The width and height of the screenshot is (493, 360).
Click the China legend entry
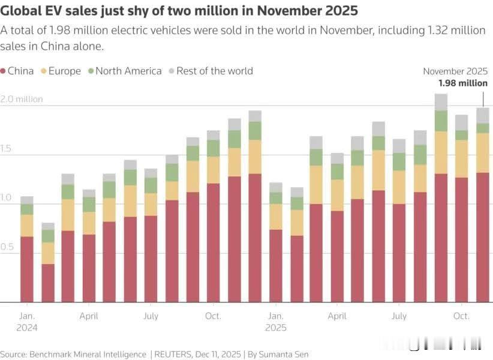20,71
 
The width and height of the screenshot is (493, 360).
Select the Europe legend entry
64,71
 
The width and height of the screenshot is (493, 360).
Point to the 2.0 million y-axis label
22,99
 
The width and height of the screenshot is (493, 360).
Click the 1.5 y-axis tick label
7,148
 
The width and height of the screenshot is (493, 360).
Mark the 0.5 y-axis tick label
7,247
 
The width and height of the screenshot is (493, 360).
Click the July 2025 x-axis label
398,316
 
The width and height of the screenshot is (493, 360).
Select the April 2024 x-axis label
89,316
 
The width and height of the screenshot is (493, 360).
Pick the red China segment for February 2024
47,283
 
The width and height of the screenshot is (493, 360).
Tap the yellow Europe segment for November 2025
482,152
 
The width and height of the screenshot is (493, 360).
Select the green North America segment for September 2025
441,121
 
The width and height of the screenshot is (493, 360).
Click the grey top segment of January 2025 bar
275,187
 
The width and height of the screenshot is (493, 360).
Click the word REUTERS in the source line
175,355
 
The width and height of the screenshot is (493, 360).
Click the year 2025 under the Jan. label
275,328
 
